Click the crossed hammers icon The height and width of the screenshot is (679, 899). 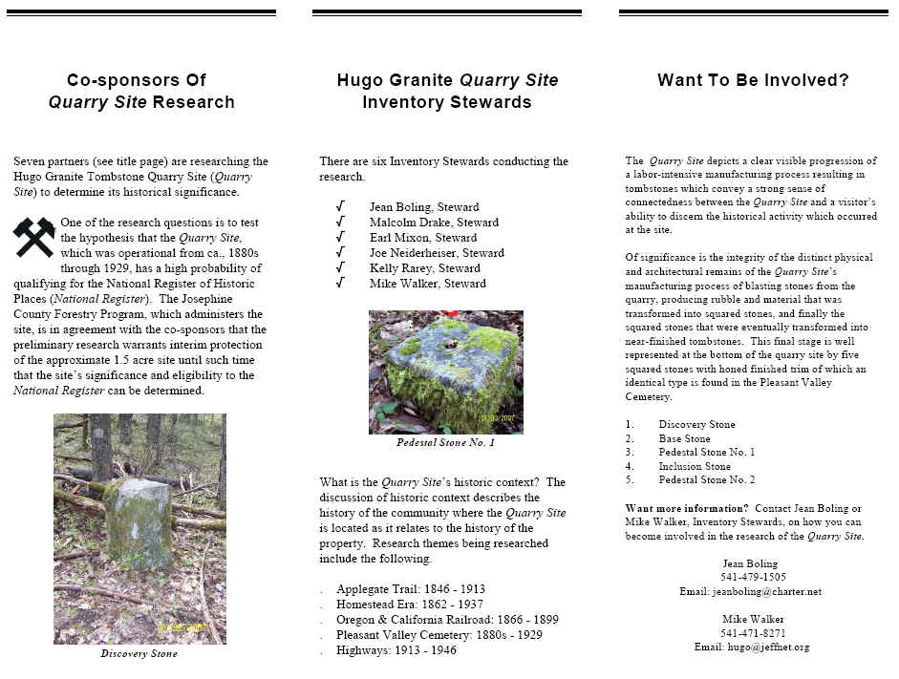tap(34, 238)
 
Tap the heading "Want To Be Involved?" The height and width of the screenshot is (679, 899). tap(753, 80)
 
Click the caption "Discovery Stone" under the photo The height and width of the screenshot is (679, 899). tap(139, 654)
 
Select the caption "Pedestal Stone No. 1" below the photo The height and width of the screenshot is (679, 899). tap(445, 442)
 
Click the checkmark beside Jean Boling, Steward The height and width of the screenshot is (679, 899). tap(341, 206)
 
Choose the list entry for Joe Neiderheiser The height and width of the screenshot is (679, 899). tap(423, 253)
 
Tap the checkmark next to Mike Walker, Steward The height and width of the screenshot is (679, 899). tap(341, 284)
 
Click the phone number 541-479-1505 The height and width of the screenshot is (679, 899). tap(753, 577)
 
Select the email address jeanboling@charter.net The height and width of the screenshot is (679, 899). tap(752, 591)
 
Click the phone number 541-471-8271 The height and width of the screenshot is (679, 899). tap(753, 632)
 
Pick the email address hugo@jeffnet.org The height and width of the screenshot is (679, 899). tap(752, 647)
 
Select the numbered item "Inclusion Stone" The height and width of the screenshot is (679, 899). tap(695, 467)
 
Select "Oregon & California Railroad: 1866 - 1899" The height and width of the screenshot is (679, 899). tap(447, 620)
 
